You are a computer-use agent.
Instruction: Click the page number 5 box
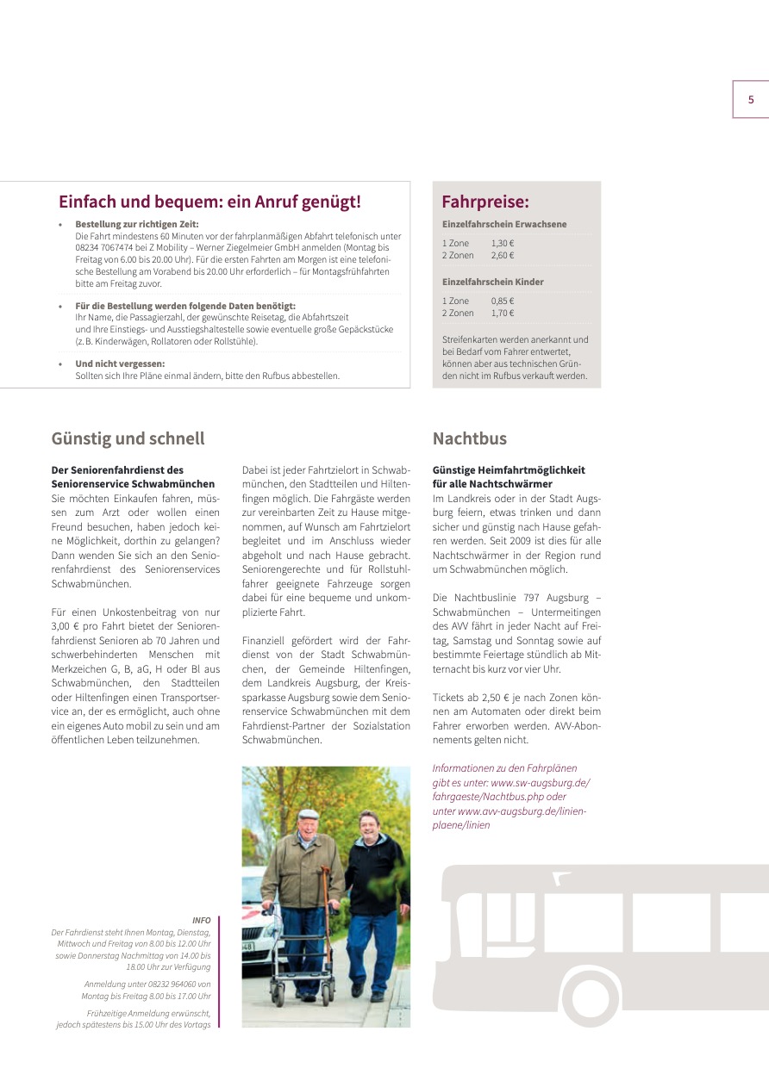pos(750,100)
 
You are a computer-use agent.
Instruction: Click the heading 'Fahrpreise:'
pos(485,202)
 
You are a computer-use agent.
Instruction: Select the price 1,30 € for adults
pos(503,244)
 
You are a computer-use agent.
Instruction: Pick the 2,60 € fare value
pos(503,256)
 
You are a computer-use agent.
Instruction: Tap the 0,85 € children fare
pos(503,301)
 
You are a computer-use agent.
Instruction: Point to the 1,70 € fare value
pos(503,314)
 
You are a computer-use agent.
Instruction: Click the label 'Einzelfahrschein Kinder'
pos(492,282)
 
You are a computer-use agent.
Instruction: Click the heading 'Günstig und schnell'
pos(128,438)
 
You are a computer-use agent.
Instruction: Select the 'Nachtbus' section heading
pos(469,438)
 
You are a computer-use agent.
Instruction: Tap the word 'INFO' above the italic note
pos(202,921)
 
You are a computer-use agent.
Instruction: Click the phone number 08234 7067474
pos(103,247)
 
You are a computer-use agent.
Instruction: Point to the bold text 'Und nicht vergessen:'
pos(120,363)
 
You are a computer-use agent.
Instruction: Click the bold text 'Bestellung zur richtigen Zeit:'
pos(136,224)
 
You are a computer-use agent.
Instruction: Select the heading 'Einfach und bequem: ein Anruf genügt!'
pos(209,202)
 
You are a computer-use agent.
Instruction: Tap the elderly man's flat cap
pos(309,814)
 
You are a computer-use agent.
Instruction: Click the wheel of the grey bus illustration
pos(590,998)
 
